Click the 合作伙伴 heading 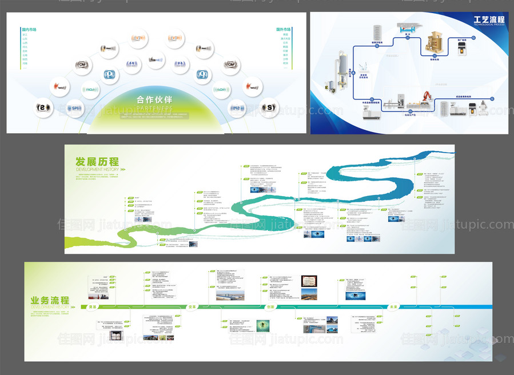pyautogui.click(x=154, y=99)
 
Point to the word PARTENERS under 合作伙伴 pyautogui.click(x=154, y=107)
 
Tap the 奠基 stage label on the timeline pyautogui.click(x=92, y=307)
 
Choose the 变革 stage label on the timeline pyautogui.click(x=193, y=307)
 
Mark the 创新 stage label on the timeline pyautogui.click(x=271, y=307)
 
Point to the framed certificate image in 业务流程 pyautogui.click(x=309, y=281)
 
